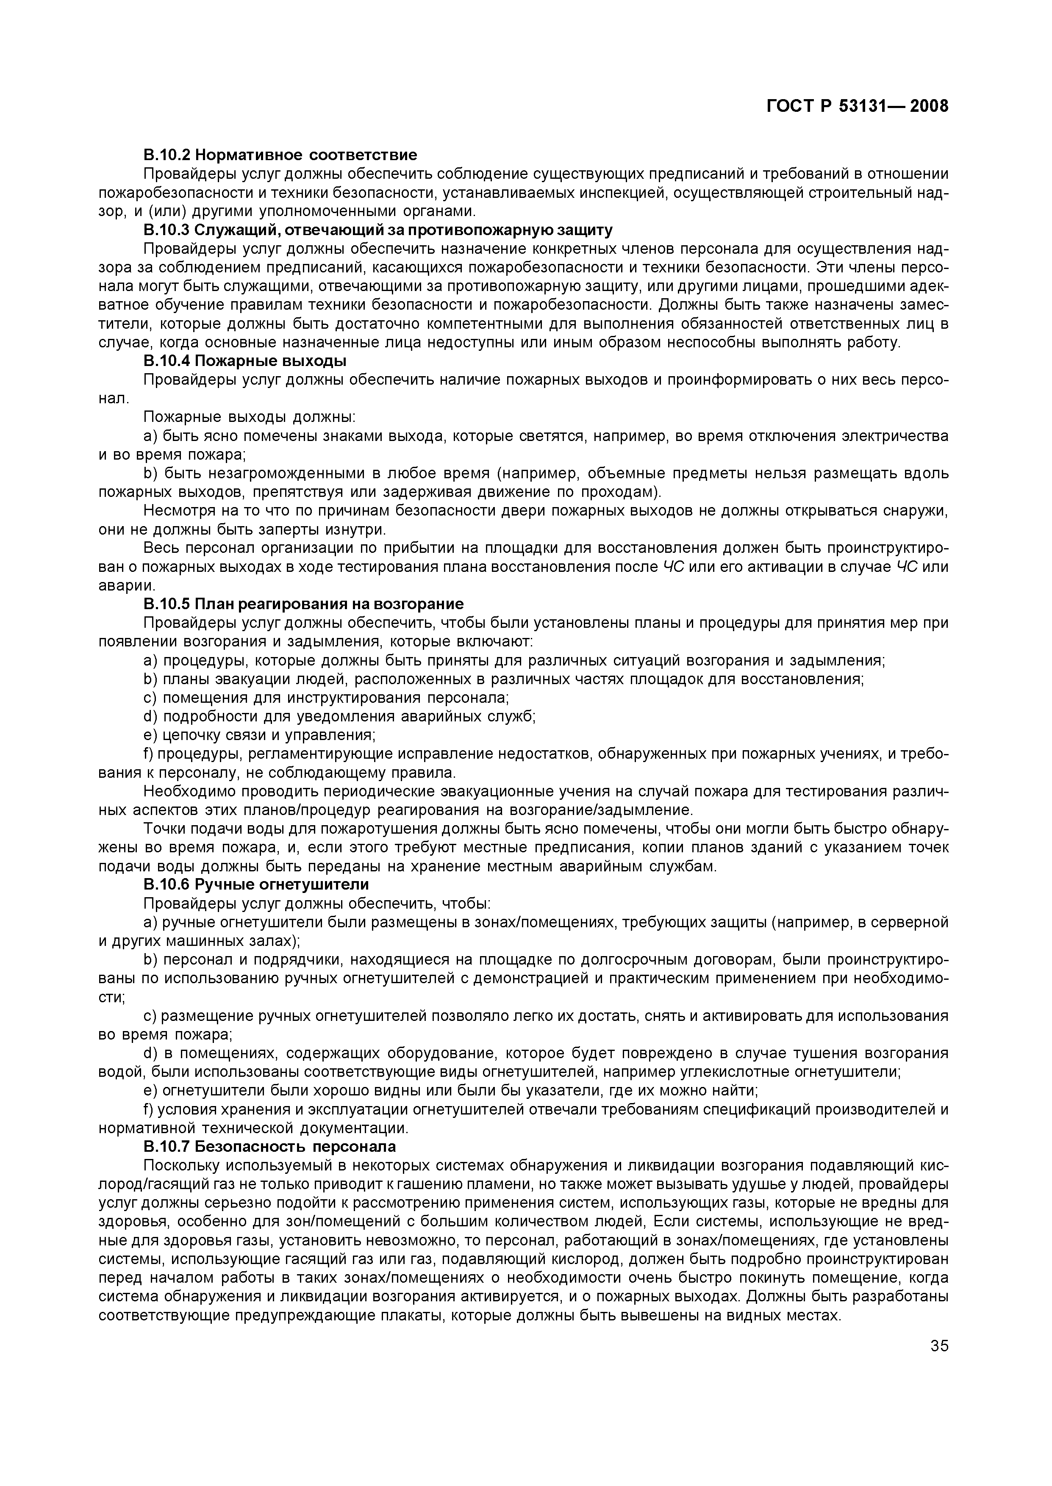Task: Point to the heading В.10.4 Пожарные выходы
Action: coord(245,360)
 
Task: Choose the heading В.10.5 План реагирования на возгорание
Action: coord(303,604)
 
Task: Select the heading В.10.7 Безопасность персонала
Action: coord(269,1147)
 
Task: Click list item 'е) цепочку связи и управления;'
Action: coord(260,735)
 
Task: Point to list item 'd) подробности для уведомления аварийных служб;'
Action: coord(339,717)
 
